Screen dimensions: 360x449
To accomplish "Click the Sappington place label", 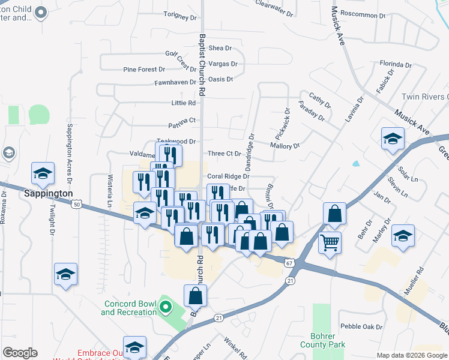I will pyautogui.click(x=48, y=194).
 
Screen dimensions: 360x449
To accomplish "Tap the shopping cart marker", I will pyautogui.click(x=330, y=242).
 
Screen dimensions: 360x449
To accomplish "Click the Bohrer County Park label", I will pyautogui.click(x=328, y=340).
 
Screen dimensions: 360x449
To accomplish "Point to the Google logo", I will pyautogui.click(x=20, y=353).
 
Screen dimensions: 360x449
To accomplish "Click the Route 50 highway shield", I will pyautogui.click(x=76, y=205).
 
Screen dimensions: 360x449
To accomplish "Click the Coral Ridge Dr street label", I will pyautogui.click(x=228, y=176).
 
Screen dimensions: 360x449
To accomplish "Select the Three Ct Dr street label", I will pyautogui.click(x=224, y=154).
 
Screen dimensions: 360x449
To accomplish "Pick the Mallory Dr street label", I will pyautogui.click(x=285, y=146).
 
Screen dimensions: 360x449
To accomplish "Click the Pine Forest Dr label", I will pyautogui.click(x=143, y=70).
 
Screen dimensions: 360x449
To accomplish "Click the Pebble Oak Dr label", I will pyautogui.click(x=361, y=326).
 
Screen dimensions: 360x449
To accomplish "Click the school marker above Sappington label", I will pyautogui.click(x=43, y=173).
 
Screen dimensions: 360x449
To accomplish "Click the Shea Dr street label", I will pyautogui.click(x=220, y=48).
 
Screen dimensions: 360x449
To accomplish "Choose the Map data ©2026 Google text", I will pyautogui.click(x=412, y=355).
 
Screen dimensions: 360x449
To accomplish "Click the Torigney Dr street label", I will pyautogui.click(x=180, y=14).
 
